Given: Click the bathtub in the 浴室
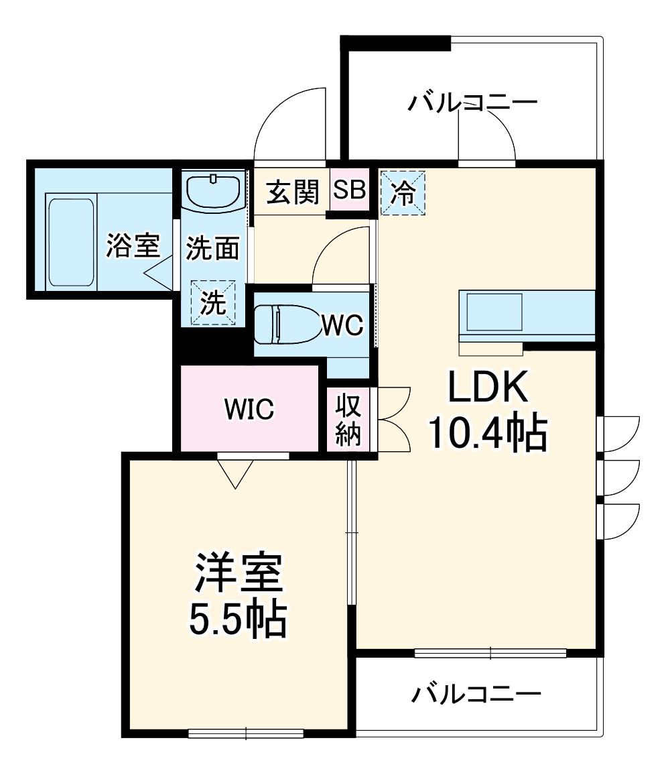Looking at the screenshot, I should click(x=70, y=242).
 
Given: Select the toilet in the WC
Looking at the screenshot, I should click(x=285, y=325).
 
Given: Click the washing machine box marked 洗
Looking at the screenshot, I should click(x=214, y=303).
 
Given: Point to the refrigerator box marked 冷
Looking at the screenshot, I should click(x=403, y=192).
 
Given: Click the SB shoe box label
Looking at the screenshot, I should click(x=350, y=191).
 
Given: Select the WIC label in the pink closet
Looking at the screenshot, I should click(x=249, y=409).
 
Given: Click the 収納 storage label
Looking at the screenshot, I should click(x=348, y=420).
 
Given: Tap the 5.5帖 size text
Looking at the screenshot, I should click(x=237, y=620).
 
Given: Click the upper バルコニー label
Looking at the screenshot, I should click(x=474, y=103).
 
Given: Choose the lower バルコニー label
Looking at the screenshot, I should click(x=476, y=694).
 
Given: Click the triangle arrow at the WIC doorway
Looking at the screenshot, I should click(x=236, y=473).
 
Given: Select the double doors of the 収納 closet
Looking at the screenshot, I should click(x=394, y=420).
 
